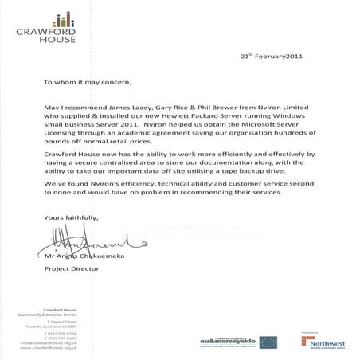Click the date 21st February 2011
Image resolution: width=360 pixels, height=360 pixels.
click(x=272, y=57)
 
